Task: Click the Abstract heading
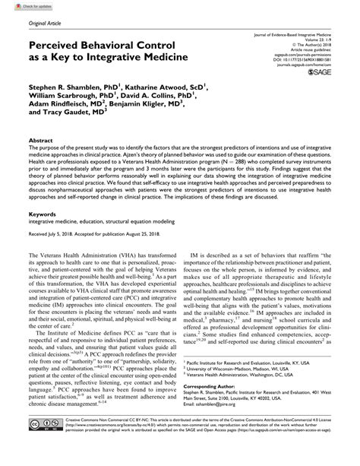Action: [41, 141]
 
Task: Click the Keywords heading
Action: [43, 216]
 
